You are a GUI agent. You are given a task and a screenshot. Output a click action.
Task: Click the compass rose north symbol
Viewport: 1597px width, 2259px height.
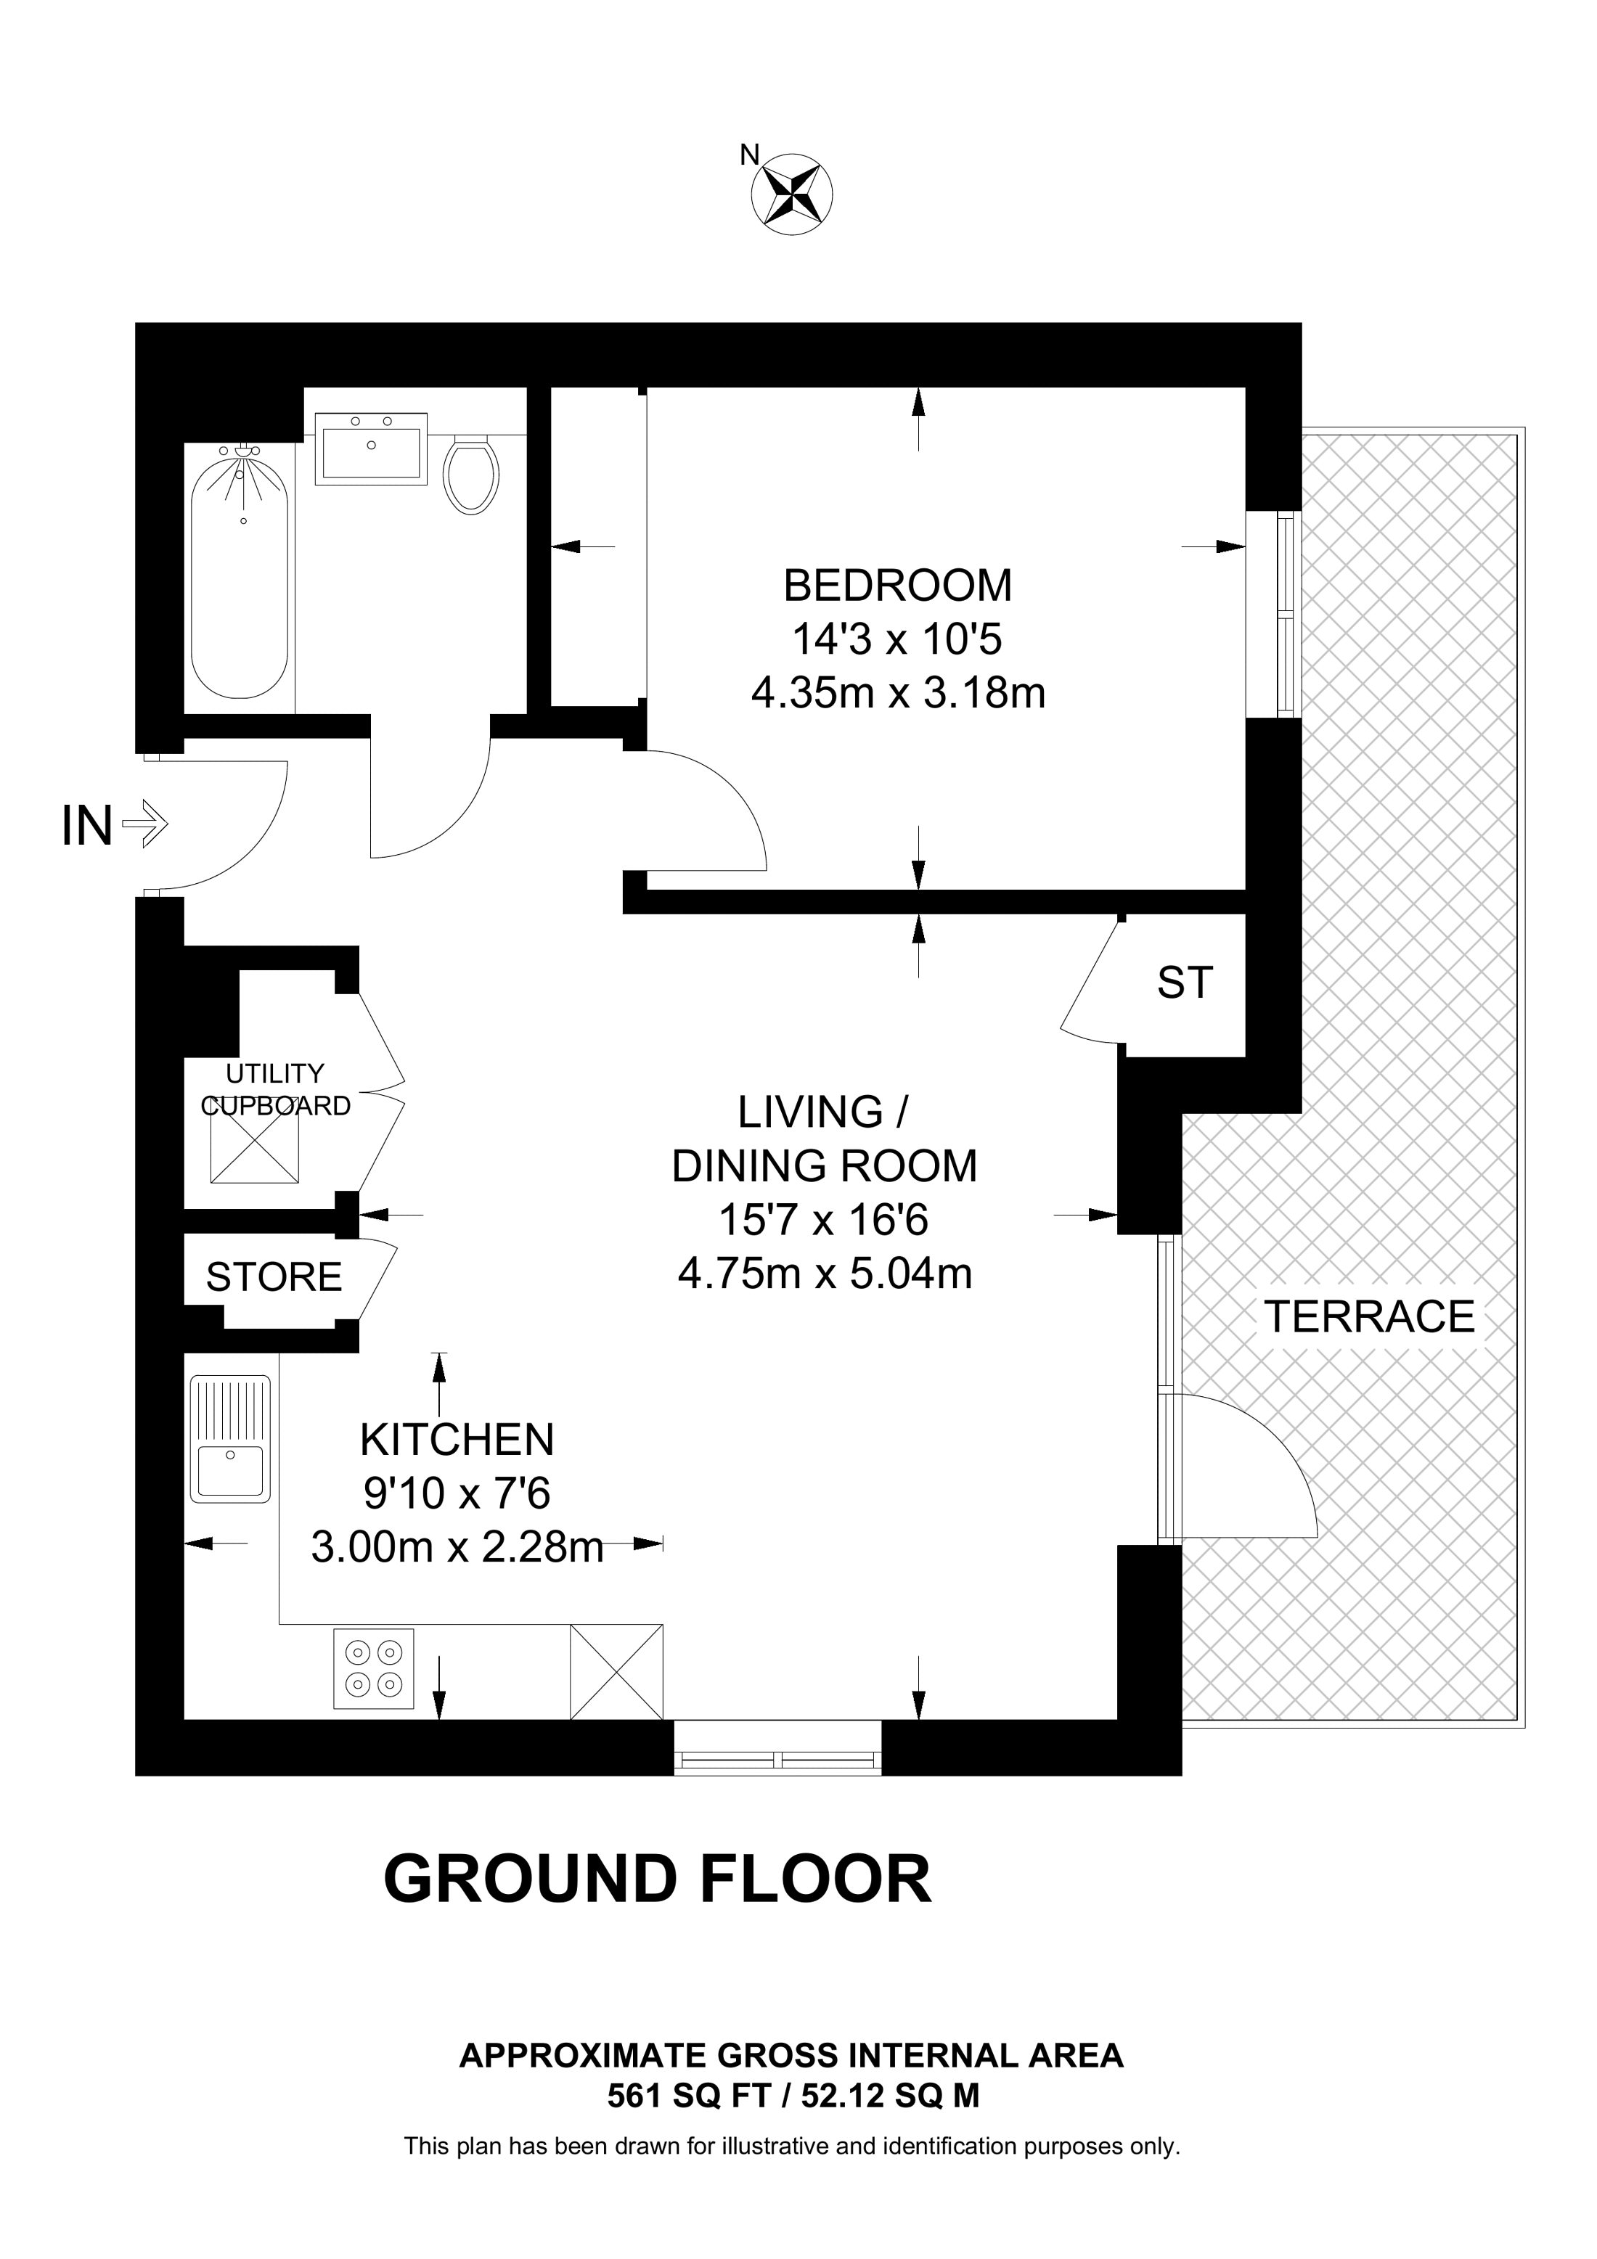(791, 193)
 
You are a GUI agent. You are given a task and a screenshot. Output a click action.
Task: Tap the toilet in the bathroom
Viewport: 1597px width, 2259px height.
(470, 475)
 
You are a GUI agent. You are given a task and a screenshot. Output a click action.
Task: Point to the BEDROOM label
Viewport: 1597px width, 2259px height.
(896, 586)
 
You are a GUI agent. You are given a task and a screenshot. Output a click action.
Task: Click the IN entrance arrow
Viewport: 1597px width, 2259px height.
(144, 824)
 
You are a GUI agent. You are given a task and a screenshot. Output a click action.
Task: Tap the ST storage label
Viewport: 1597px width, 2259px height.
(1185, 982)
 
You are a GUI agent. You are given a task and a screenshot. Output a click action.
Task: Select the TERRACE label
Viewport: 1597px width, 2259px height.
(1369, 1316)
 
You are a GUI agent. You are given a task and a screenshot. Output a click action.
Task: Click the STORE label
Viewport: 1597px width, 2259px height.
(274, 1277)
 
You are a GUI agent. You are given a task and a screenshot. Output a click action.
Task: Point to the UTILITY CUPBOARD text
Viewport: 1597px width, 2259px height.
(276, 1089)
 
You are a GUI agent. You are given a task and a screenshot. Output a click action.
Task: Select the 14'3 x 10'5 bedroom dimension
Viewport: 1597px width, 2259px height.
(896, 639)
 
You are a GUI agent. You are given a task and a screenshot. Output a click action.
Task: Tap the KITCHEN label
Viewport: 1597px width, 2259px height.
(457, 1440)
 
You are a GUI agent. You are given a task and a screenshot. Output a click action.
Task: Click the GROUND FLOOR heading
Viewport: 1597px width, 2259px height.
(656, 1880)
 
